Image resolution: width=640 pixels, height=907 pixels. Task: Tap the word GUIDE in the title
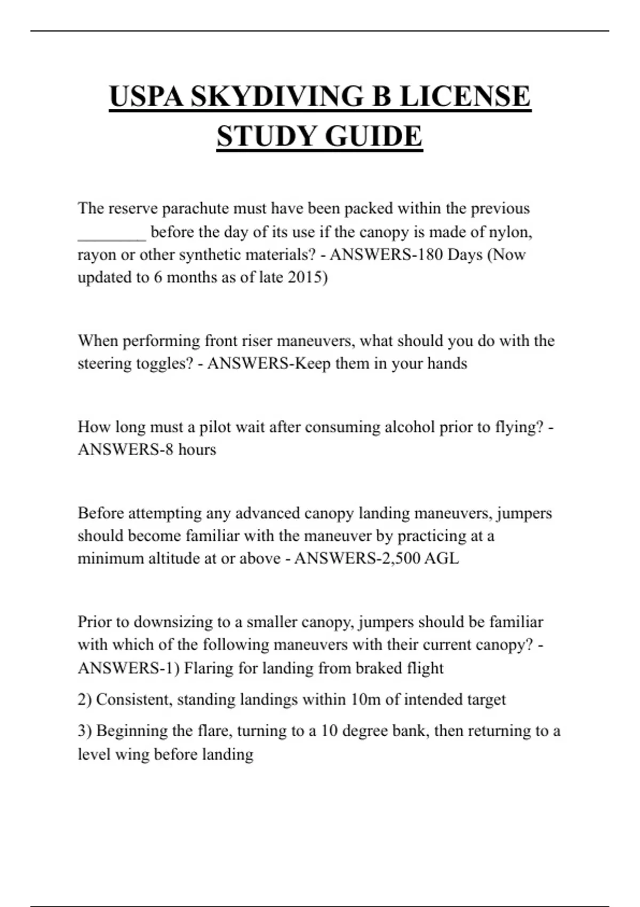(373, 136)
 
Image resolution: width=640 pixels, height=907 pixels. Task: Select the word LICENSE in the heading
(465, 97)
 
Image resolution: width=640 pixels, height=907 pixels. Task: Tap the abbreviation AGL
(441, 559)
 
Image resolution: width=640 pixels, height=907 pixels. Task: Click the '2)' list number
(85, 699)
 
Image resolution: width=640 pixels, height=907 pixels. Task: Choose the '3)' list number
(85, 731)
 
